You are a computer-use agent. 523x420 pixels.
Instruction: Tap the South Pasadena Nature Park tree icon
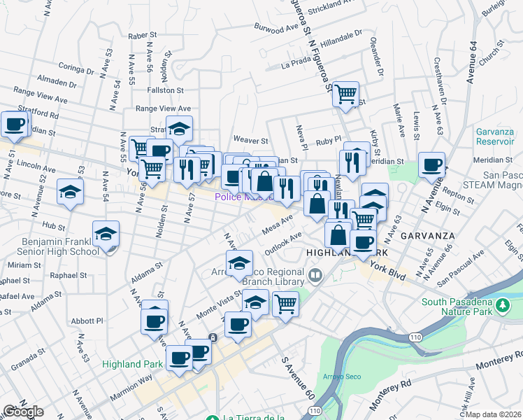502,305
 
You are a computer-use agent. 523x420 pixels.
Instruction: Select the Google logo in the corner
22,412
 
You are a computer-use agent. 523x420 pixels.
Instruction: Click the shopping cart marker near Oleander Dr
346,94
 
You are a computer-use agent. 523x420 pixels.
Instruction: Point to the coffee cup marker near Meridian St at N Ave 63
431,166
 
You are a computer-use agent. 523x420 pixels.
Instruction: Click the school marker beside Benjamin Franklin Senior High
106,234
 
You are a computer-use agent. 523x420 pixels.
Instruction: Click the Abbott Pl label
89,321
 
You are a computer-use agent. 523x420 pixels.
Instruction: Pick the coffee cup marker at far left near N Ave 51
14,125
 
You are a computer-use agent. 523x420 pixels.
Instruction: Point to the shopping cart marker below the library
285,304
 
